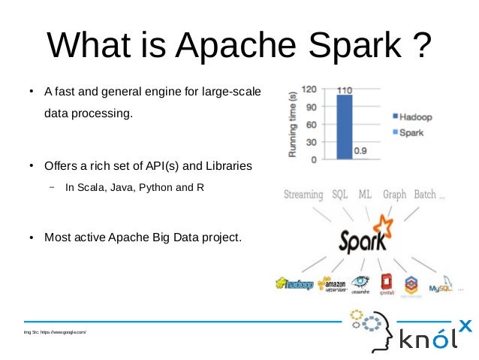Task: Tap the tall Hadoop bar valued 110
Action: [x=344, y=126]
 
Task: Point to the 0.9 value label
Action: [x=361, y=150]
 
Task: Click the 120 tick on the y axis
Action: [x=308, y=89]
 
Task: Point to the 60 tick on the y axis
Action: [x=309, y=124]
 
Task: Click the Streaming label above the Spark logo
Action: [x=303, y=195]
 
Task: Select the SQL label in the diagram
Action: [x=339, y=195]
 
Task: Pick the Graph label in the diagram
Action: [x=394, y=195]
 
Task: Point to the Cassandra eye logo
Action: [x=361, y=283]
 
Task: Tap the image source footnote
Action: [x=56, y=331]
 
